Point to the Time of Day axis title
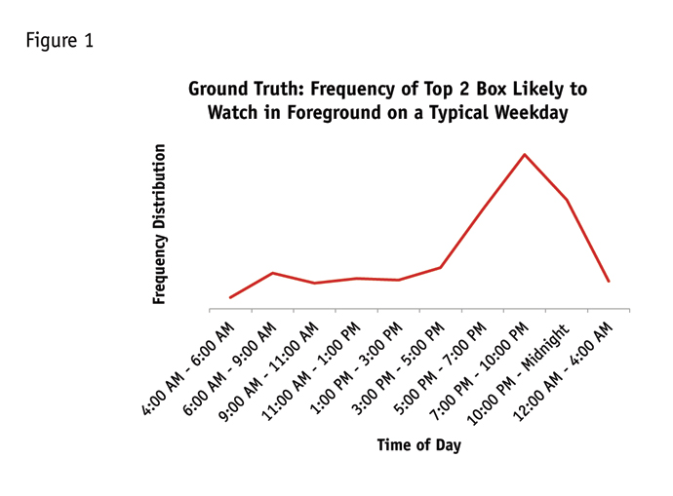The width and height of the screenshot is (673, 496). [418, 445]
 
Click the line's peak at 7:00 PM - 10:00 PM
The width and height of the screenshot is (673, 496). [525, 154]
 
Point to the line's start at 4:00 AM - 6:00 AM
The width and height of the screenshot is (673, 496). [230, 297]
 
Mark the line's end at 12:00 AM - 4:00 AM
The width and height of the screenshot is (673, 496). [610, 282]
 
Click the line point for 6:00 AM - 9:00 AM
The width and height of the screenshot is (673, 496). [272, 273]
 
